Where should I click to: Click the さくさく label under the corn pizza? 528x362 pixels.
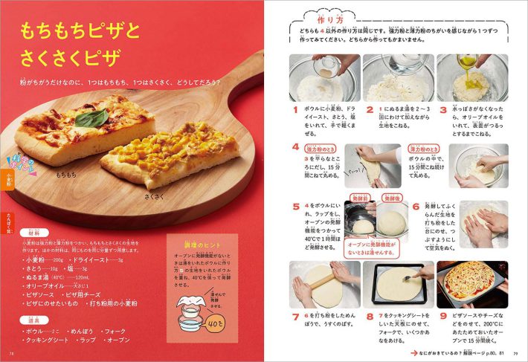tap(154, 198)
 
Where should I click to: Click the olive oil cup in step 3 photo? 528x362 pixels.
tap(466, 63)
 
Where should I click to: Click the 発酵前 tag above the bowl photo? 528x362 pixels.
tap(361, 199)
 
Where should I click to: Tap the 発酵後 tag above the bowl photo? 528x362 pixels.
tap(392, 199)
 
